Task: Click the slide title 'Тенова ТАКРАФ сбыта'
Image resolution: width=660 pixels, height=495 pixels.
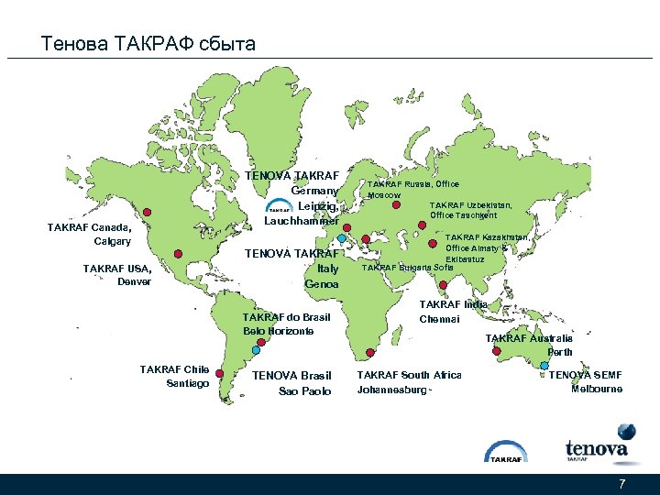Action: pyautogui.click(x=148, y=43)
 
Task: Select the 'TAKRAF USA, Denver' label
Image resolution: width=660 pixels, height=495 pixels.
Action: pyautogui.click(x=116, y=275)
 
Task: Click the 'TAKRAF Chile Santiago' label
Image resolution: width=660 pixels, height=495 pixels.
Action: pyautogui.click(x=174, y=376)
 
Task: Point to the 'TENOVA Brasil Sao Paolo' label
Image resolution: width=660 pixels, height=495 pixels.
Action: pyautogui.click(x=291, y=383)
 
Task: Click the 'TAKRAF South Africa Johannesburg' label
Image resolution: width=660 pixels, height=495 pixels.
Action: pyautogui.click(x=409, y=382)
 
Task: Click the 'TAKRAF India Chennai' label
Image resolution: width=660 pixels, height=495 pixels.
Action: pyautogui.click(x=453, y=312)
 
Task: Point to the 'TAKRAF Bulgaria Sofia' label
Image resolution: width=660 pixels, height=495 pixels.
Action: pyautogui.click(x=407, y=268)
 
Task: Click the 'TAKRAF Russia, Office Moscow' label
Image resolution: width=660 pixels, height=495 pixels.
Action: pyautogui.click(x=412, y=190)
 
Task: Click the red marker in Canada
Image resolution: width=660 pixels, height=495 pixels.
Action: pyautogui.click(x=147, y=212)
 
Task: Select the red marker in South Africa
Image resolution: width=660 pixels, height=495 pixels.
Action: pyautogui.click(x=368, y=352)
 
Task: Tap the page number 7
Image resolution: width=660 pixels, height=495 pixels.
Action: pyautogui.click(x=622, y=484)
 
